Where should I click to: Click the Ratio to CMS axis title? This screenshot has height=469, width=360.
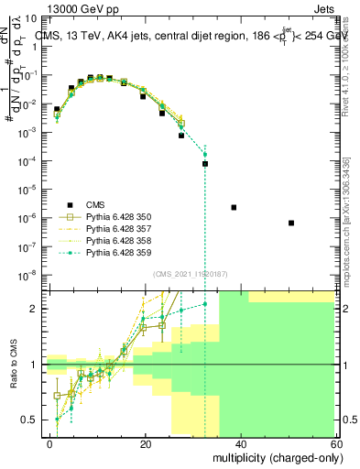coord(13,364)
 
